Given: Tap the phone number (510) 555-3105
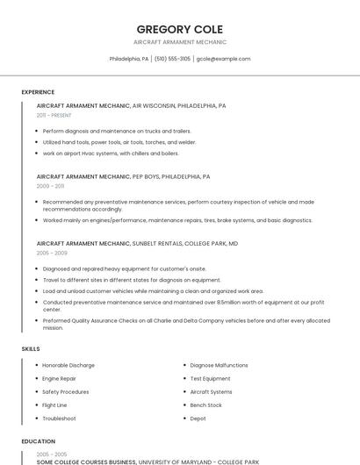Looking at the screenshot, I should (173, 59).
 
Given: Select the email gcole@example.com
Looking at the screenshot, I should (223, 59).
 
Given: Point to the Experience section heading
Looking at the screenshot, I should (38, 92).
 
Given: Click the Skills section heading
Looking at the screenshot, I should (31, 349).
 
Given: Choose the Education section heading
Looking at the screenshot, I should (38, 441).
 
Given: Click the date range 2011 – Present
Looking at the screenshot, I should (54, 115).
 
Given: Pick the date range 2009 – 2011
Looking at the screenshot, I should (50, 186).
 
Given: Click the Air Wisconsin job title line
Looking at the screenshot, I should (131, 105).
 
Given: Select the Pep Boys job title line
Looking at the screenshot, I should (123, 176).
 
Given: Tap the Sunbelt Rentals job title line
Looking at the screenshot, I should (137, 243).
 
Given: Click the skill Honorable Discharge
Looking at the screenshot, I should (68, 365).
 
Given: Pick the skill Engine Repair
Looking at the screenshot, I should (60, 378).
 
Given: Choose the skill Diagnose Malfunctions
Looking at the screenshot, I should (219, 365).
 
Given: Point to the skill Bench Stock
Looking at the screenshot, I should (205, 405).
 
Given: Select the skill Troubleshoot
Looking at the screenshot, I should (59, 418).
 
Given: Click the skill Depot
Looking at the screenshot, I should (198, 418).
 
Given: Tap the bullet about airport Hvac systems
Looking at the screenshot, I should (111, 153).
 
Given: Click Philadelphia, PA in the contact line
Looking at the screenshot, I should (129, 59).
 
